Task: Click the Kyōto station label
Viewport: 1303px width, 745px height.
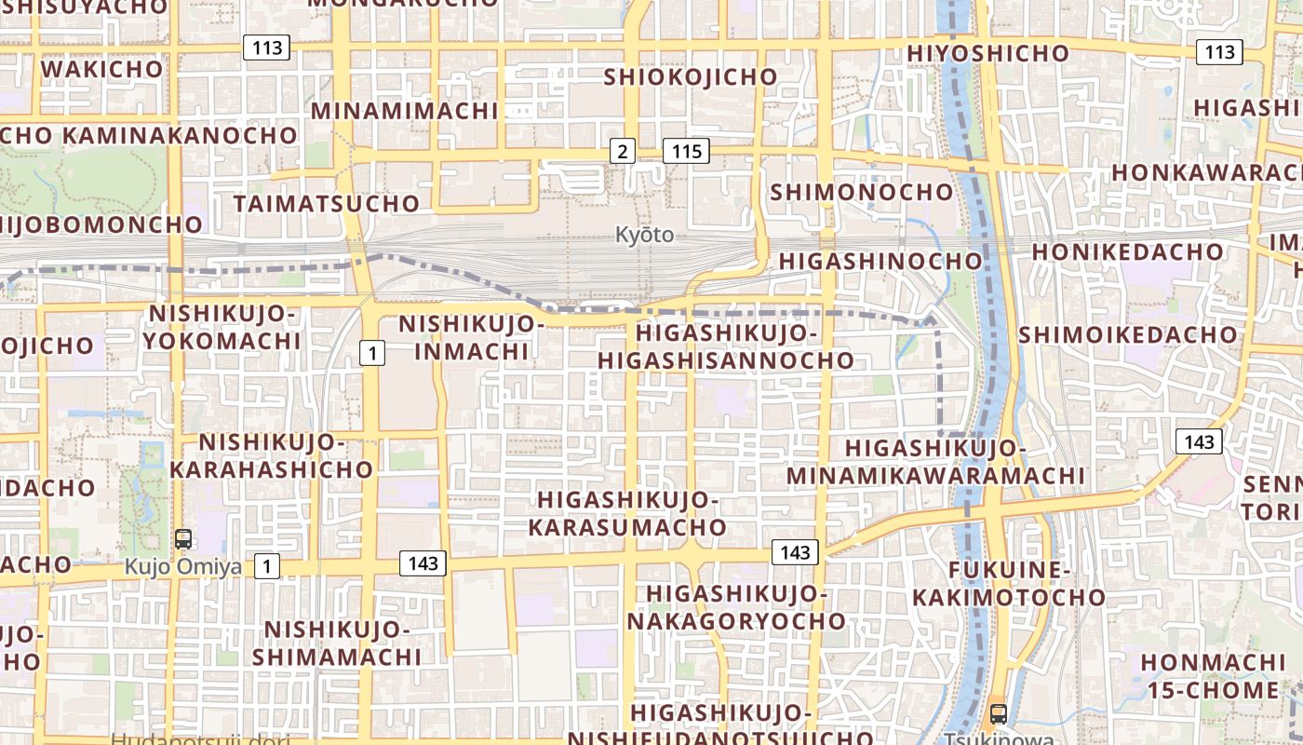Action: point(644,235)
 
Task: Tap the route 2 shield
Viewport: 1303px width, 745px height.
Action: point(622,151)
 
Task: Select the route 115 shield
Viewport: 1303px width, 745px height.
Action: point(686,151)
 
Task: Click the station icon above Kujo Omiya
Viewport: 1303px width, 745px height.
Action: point(183,539)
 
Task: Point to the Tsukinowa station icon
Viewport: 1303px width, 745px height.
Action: point(999,714)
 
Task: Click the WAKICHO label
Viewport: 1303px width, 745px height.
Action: point(102,69)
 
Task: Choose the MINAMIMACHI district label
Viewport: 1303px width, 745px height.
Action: point(405,111)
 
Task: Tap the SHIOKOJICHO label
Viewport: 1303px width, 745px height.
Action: point(691,76)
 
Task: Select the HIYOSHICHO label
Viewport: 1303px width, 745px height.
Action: point(988,53)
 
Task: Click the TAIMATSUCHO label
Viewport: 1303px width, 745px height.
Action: point(327,203)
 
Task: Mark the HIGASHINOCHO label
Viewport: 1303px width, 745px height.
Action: point(880,262)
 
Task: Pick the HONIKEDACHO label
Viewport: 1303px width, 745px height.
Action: point(1127,251)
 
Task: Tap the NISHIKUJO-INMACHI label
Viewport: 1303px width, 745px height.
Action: point(471,337)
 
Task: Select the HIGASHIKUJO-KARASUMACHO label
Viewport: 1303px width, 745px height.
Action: point(627,513)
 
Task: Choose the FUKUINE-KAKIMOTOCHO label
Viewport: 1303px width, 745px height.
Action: point(1009,583)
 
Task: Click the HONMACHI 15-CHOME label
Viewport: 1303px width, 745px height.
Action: point(1213,676)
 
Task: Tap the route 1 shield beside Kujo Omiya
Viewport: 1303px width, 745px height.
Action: point(267,565)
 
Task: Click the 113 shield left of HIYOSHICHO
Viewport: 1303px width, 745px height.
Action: point(266,47)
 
